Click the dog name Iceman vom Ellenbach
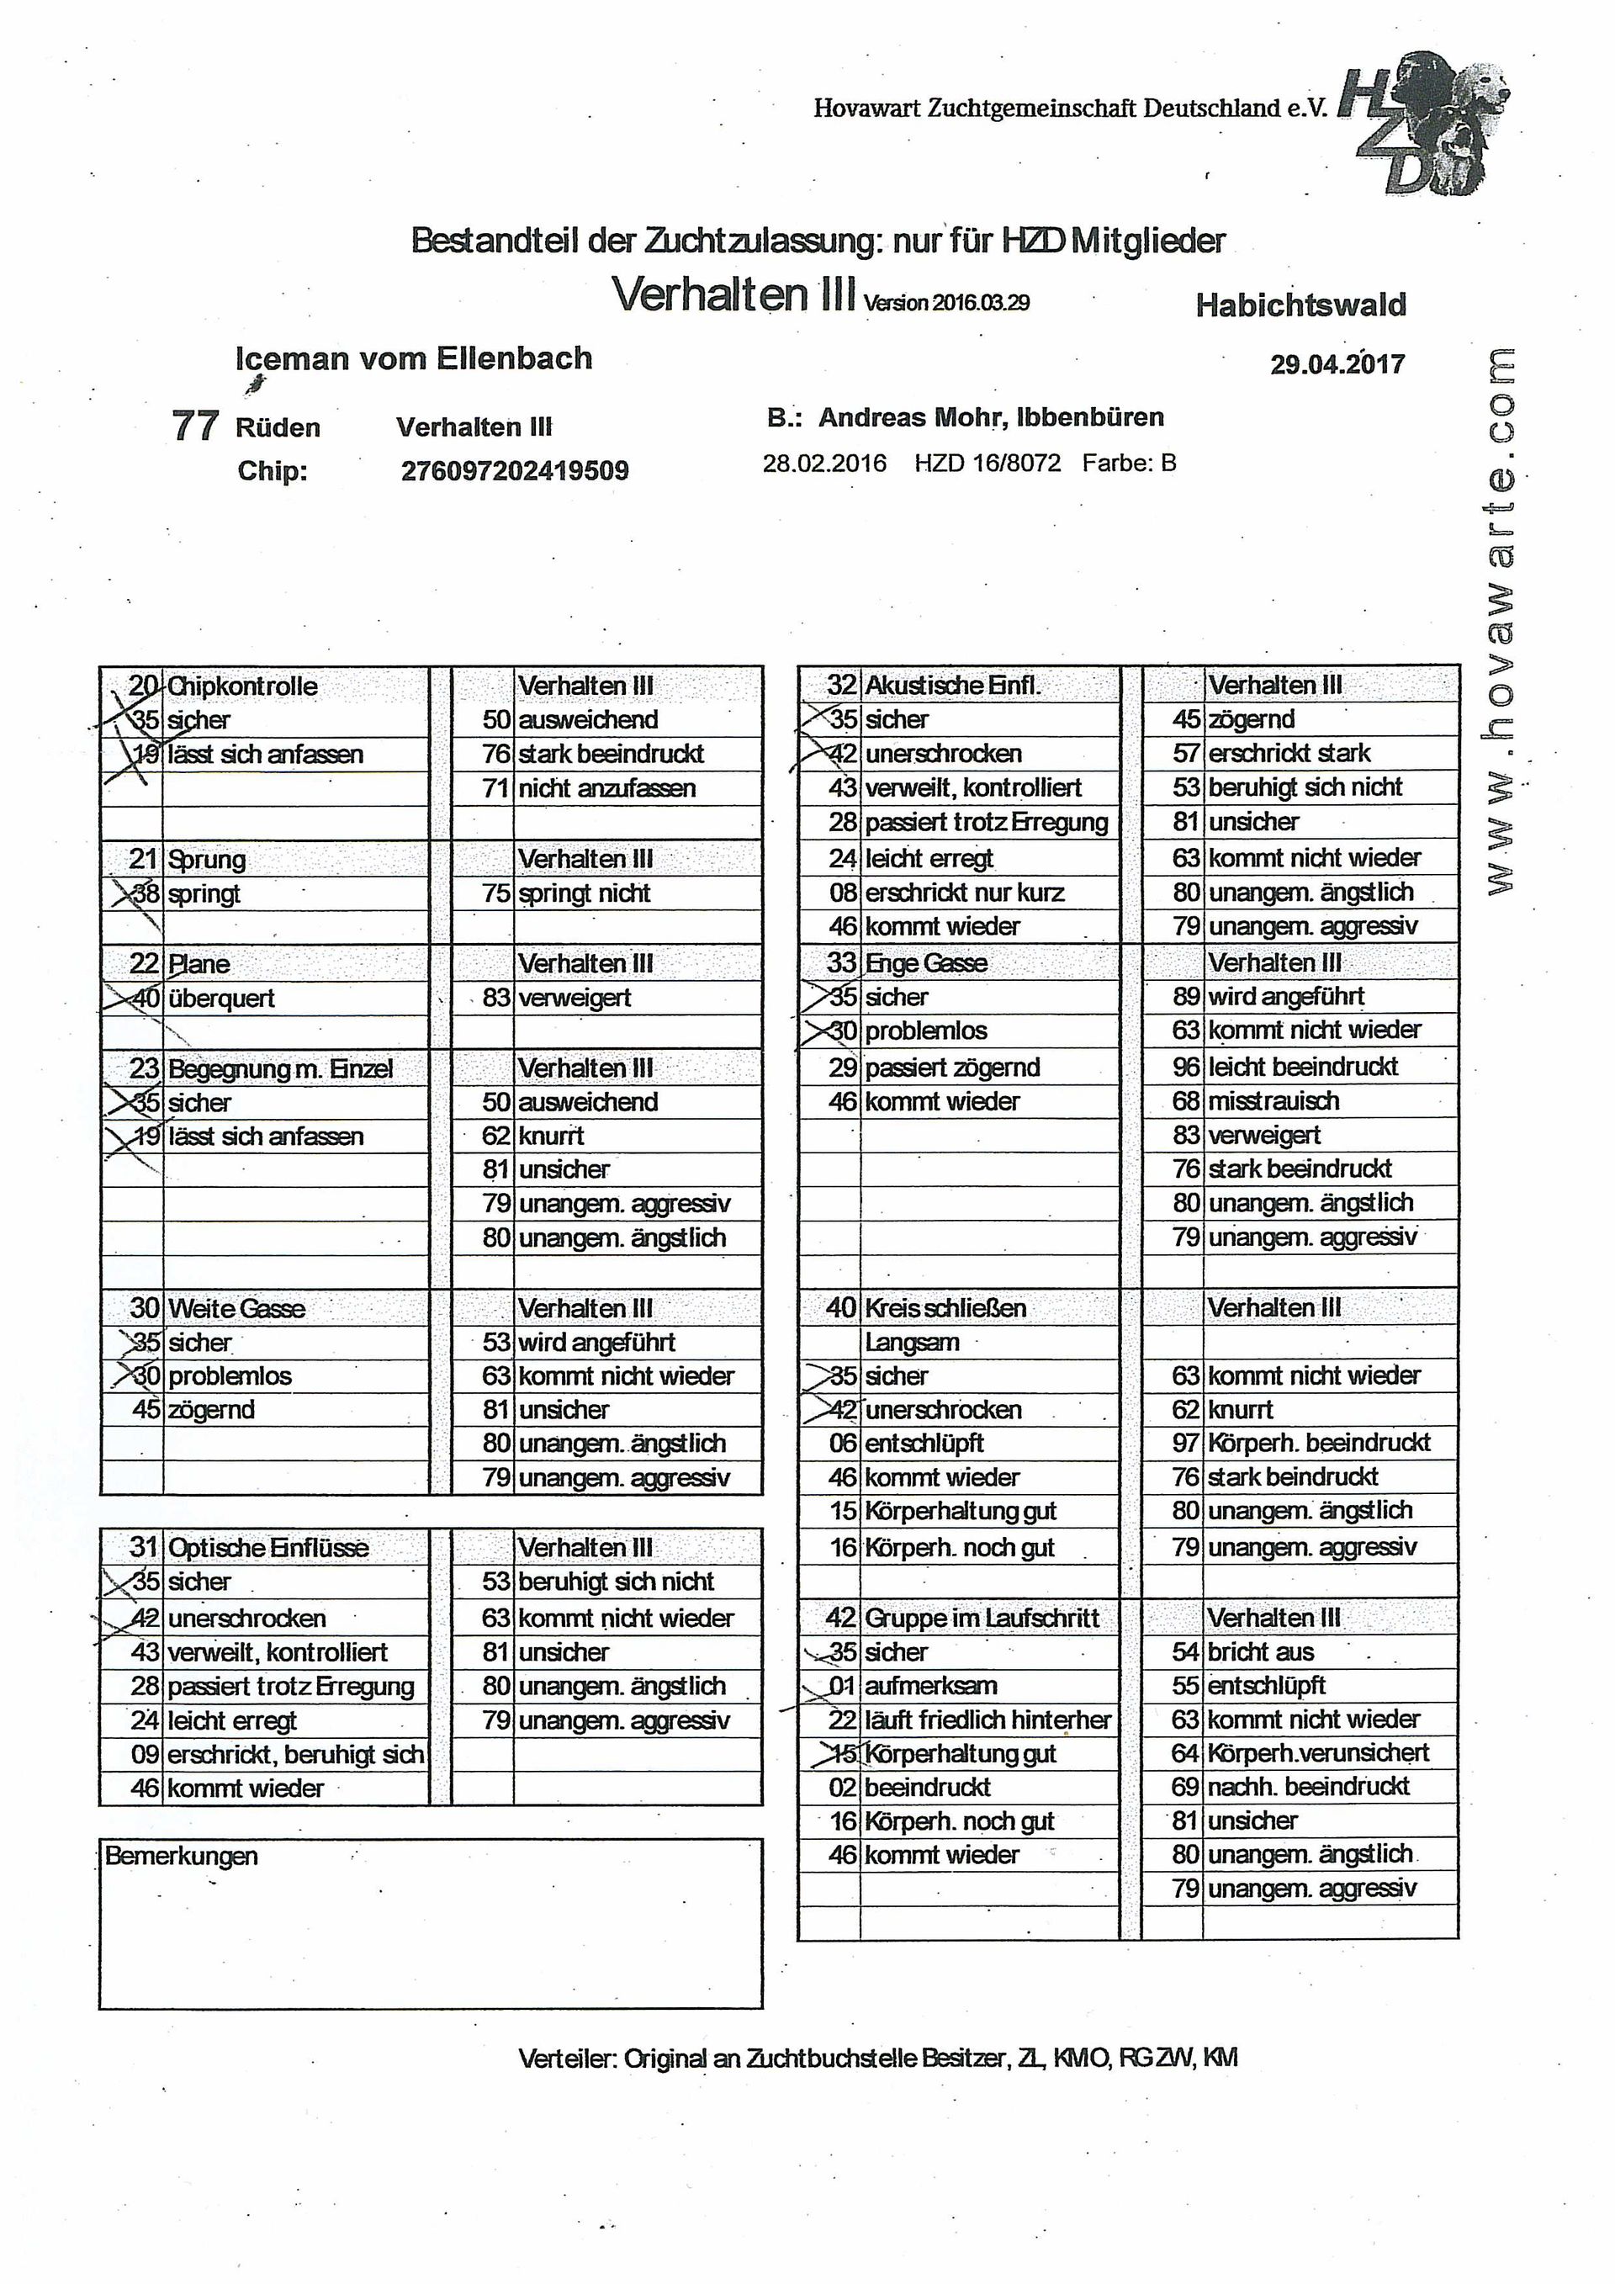click(414, 358)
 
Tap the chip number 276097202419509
click(514, 470)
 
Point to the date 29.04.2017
click(1337, 364)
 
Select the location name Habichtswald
click(1300, 305)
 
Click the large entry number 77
click(195, 426)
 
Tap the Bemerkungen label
click(181, 1857)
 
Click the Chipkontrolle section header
click(242, 686)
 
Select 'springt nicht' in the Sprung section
click(584, 893)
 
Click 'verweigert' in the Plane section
click(574, 998)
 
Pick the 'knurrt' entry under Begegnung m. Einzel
click(551, 1136)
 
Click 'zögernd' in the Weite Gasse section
click(211, 1410)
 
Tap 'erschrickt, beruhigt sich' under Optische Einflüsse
click(295, 1754)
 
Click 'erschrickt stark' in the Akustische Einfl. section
click(1289, 753)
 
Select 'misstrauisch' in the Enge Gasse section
click(1273, 1101)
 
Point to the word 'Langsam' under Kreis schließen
click(911, 1342)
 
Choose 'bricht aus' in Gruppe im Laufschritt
click(1260, 1652)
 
